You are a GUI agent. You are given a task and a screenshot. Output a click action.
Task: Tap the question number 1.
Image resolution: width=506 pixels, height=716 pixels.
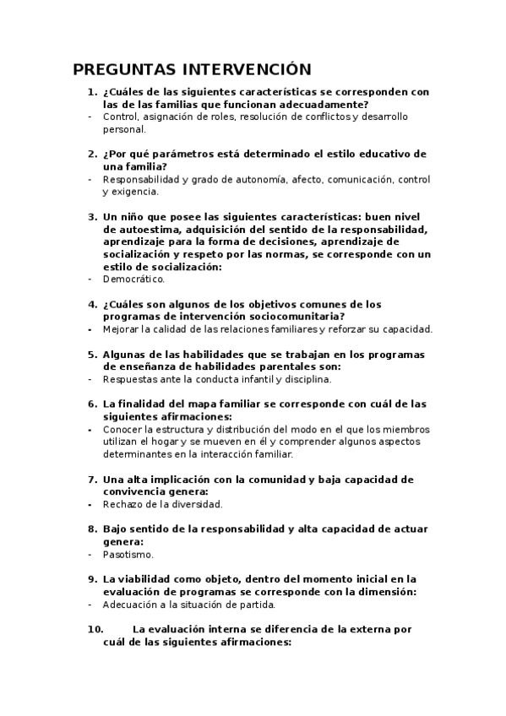click(x=91, y=92)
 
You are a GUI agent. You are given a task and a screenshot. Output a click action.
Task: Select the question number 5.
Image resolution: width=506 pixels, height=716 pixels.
click(x=91, y=354)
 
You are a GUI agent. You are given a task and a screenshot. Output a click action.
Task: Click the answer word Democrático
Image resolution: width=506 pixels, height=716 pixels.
click(x=133, y=279)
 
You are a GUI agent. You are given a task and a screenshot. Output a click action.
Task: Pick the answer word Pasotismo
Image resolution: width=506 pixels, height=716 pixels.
click(x=128, y=555)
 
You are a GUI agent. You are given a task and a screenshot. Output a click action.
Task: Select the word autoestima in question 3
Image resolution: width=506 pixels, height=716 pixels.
click(x=150, y=229)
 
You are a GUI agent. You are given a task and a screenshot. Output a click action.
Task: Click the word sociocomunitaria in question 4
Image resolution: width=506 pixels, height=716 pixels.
click(x=289, y=316)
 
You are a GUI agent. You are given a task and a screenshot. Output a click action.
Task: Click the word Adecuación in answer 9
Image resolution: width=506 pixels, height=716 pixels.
click(x=133, y=605)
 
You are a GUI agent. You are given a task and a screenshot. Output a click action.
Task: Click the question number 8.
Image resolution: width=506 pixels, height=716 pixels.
click(x=91, y=529)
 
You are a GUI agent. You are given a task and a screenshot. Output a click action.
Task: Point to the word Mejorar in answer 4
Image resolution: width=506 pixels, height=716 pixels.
click(x=122, y=328)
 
